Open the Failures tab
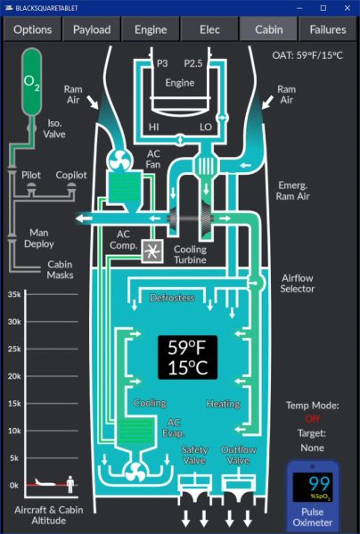click(x=328, y=29)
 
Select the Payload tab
click(x=92, y=29)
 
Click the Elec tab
click(x=209, y=29)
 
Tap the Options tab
click(x=33, y=29)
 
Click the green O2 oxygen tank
click(x=32, y=82)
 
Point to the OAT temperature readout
click(x=307, y=55)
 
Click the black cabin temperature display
click(x=187, y=357)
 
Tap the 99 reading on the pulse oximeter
click(x=320, y=483)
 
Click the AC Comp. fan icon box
click(x=152, y=251)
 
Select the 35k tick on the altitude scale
click(x=14, y=294)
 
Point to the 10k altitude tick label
click(x=14, y=431)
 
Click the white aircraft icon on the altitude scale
click(x=45, y=482)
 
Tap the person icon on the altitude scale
click(x=70, y=484)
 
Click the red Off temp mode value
click(x=313, y=419)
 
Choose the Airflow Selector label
click(x=297, y=283)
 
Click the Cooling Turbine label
click(x=190, y=254)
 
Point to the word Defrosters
click(x=172, y=298)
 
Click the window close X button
click(x=348, y=8)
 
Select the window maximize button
click(x=323, y=8)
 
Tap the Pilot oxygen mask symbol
click(x=31, y=186)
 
